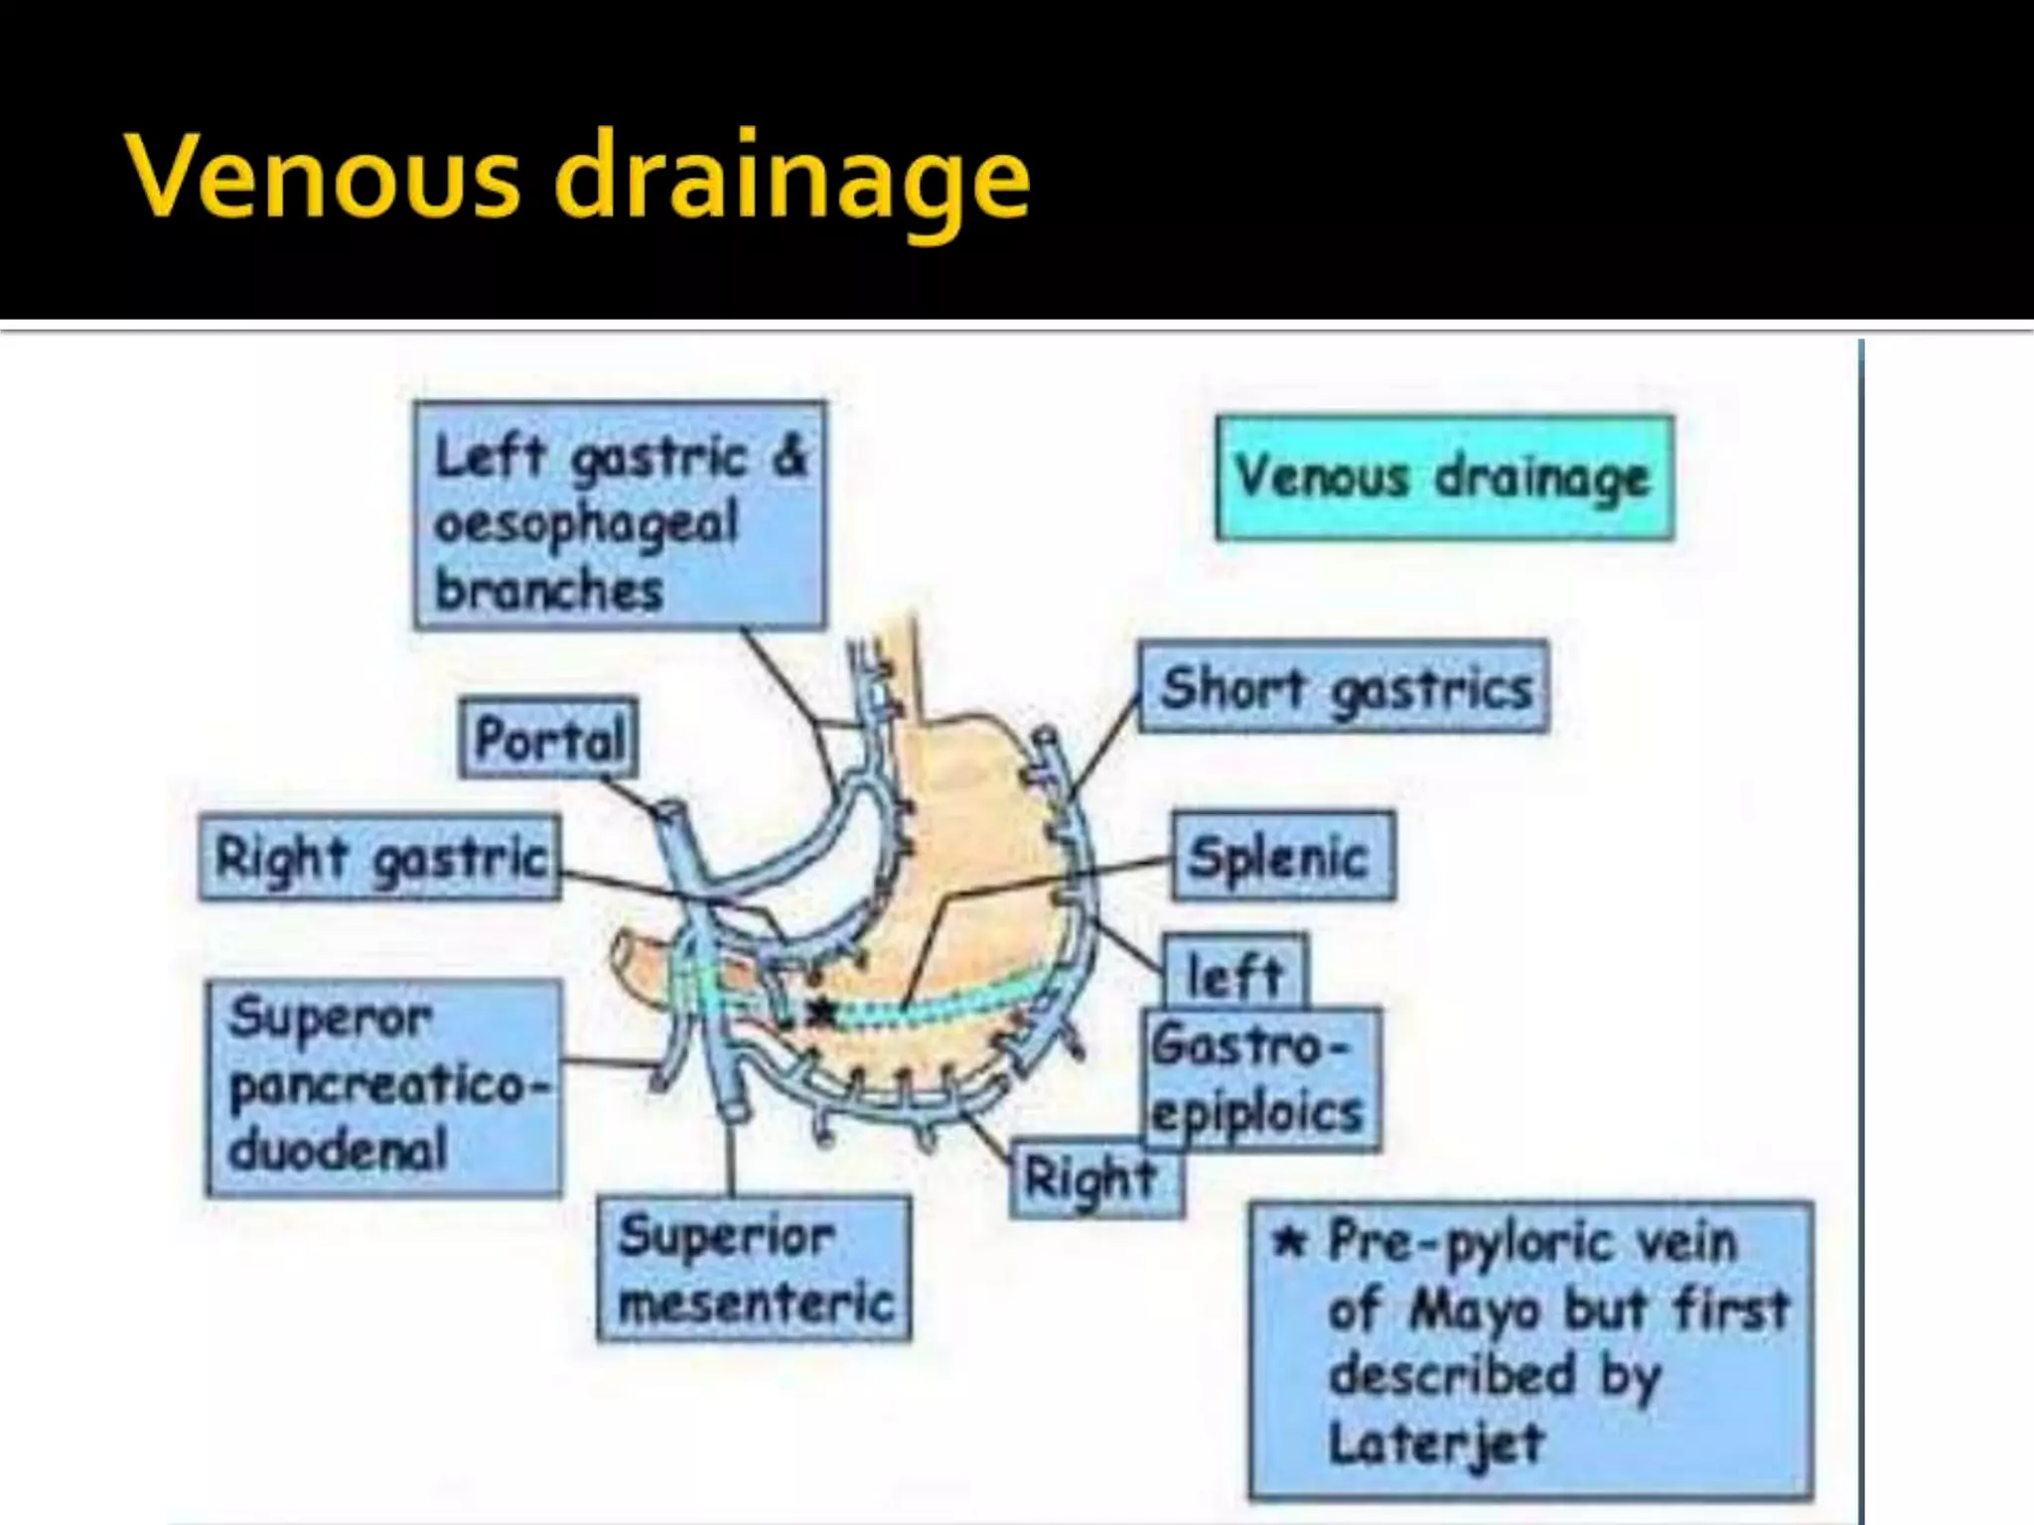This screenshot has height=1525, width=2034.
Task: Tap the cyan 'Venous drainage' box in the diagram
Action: coord(1444,479)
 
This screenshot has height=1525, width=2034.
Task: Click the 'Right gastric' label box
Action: coord(379,859)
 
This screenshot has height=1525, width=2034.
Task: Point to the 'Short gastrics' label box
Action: coord(1344,688)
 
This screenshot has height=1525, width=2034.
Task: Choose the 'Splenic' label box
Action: coord(1282,857)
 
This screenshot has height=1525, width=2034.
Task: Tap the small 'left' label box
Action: coord(1235,974)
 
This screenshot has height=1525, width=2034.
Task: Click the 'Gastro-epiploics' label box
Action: coord(1259,1079)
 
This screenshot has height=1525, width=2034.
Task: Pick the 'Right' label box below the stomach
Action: coord(1093,1178)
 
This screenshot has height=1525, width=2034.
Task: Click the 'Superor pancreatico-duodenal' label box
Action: coord(384,1086)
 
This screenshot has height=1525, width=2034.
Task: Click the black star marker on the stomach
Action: coord(821,1012)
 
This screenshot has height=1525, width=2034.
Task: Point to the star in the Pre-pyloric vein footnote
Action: coord(1289,1242)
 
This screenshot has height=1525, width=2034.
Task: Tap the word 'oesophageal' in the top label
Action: coord(586,523)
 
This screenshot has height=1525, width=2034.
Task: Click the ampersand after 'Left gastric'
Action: coord(791,457)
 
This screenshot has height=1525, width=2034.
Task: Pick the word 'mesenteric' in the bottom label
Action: coord(756,1303)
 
